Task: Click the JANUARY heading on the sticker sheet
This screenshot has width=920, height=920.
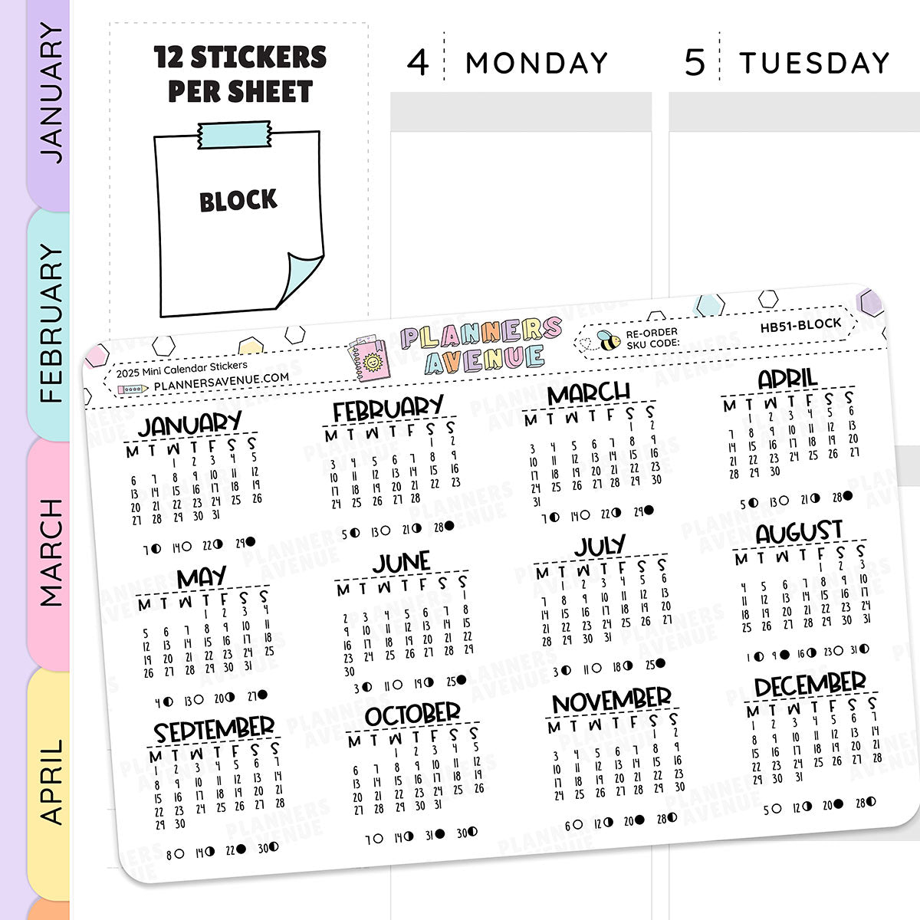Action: tap(189, 424)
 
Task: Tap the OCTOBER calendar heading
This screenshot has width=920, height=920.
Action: tap(413, 715)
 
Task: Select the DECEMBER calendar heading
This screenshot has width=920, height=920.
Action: tap(810, 685)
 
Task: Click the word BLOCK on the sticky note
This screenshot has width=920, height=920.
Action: tap(238, 201)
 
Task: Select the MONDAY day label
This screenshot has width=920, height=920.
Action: tap(537, 63)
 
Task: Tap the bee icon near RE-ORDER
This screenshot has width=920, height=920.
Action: tap(609, 340)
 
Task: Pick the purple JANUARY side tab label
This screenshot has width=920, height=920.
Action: tap(51, 92)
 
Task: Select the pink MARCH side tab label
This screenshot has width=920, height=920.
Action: tap(51, 552)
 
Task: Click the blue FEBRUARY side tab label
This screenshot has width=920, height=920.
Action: tap(51, 322)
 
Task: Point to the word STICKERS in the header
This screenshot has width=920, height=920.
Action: tap(258, 58)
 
